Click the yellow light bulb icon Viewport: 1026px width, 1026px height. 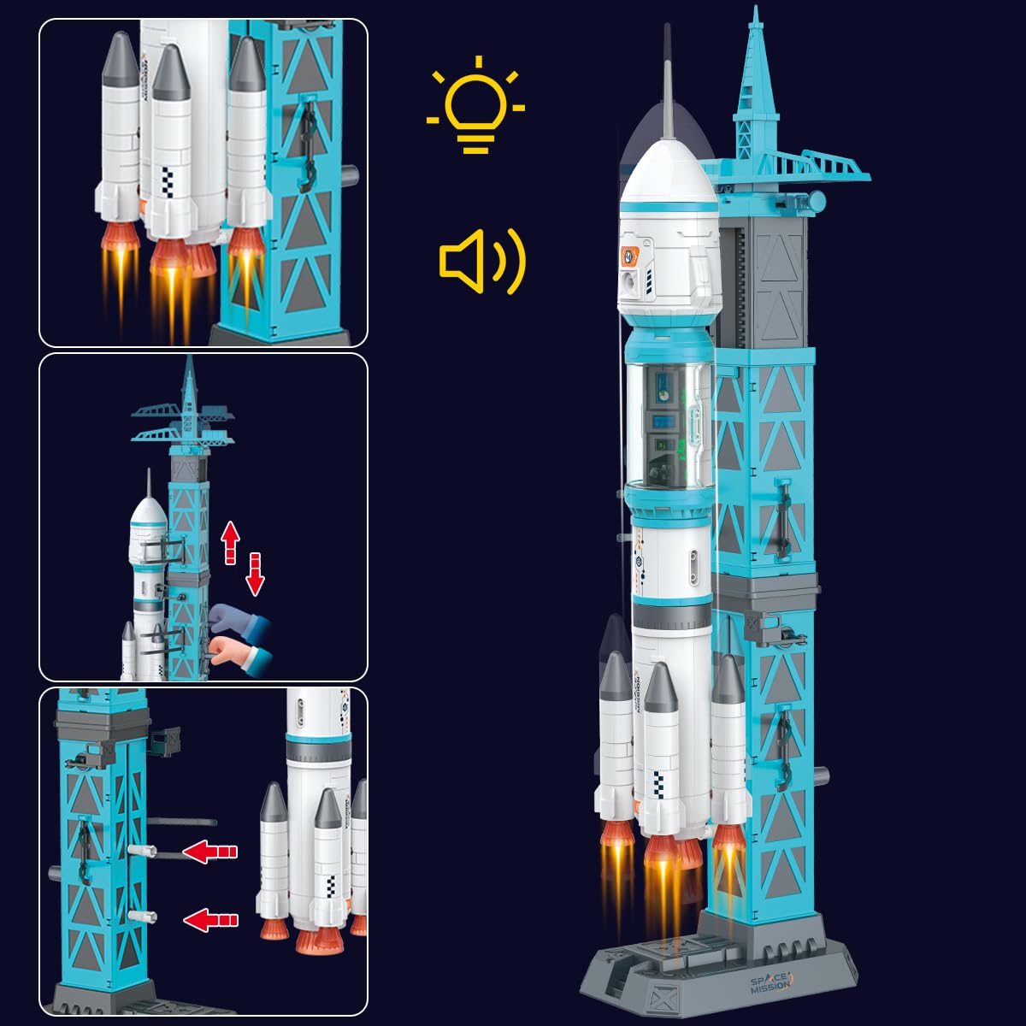click(476, 106)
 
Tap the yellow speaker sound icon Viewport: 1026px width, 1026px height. click(481, 261)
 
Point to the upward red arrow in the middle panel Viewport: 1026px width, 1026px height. click(230, 544)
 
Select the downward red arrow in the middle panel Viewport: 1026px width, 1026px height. click(255, 574)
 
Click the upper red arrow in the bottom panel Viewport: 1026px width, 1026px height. click(210, 851)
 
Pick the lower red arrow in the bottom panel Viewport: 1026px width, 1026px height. click(210, 920)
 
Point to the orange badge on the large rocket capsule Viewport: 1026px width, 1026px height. click(630, 254)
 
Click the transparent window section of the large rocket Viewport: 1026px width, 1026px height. click(669, 423)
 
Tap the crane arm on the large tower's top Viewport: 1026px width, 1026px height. click(821, 167)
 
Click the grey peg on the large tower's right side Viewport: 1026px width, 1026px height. click(822, 777)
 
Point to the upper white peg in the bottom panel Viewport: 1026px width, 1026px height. click(142, 852)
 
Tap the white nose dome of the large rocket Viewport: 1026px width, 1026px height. click(669, 171)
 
